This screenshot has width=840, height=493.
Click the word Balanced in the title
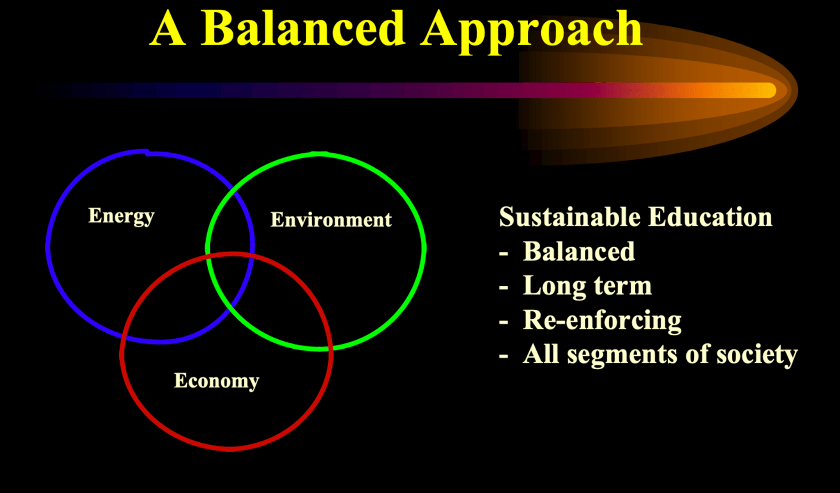(x=303, y=28)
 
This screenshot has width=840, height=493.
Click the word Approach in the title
(x=532, y=32)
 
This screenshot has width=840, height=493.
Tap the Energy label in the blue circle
(x=121, y=216)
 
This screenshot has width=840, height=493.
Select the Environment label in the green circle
(x=331, y=220)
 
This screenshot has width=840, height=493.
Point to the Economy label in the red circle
(x=216, y=381)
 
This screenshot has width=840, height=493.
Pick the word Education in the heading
(x=710, y=217)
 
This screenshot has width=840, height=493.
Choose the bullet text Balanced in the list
(x=579, y=251)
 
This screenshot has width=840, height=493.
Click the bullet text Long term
(x=587, y=286)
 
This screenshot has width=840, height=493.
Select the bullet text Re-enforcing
(x=602, y=321)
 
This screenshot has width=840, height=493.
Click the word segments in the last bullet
(x=622, y=355)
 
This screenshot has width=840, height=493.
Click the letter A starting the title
(x=168, y=28)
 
